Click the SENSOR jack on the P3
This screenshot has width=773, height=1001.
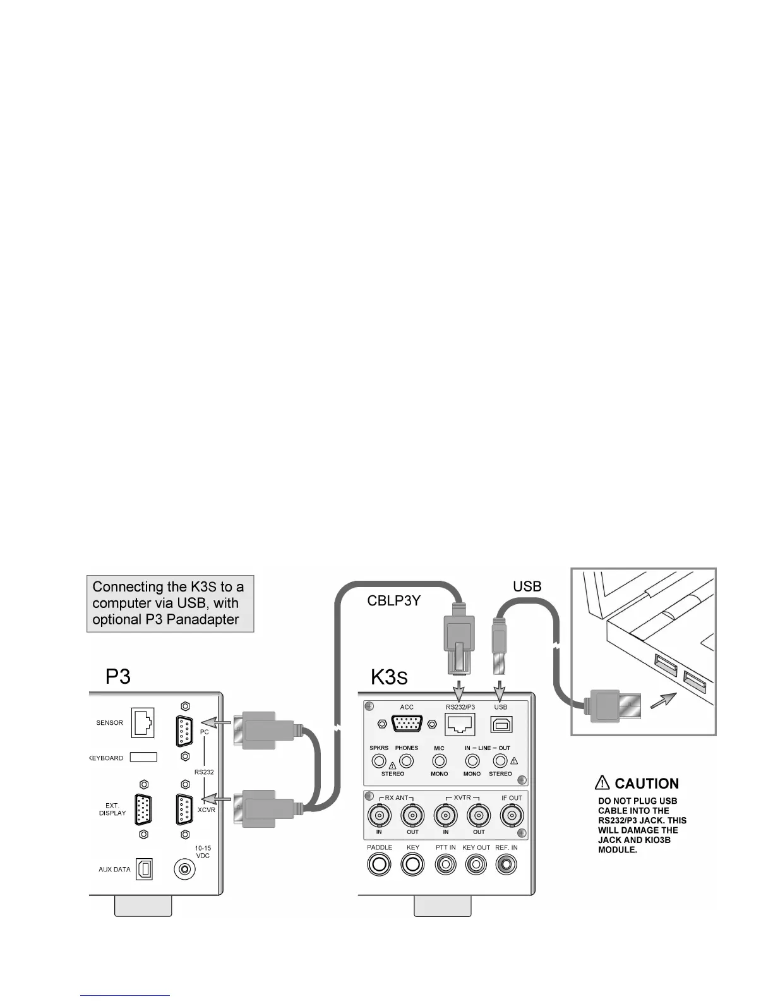click(143, 724)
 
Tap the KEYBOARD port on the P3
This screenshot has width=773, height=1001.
click(143, 757)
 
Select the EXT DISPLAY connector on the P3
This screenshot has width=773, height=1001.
click(143, 809)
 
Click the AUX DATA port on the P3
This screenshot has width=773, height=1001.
click(144, 870)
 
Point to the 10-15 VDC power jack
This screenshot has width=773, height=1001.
click(184, 870)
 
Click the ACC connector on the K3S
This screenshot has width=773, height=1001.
click(407, 724)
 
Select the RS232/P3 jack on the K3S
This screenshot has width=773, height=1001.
click(460, 724)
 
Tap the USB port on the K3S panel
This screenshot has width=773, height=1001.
click(501, 724)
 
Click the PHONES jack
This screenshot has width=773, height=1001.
click(406, 761)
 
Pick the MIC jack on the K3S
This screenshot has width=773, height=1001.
click(439, 761)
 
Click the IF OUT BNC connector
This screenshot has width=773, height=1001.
click(512, 816)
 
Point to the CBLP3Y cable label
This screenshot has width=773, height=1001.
click(394, 601)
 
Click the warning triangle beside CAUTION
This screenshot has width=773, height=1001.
click(602, 784)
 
